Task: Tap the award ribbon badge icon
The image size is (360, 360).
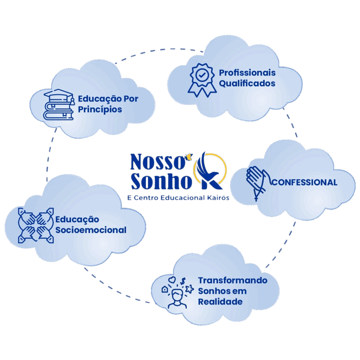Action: click(x=202, y=79)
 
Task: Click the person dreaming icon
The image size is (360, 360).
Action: click(x=178, y=293)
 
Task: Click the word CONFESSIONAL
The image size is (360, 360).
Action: click(x=305, y=182)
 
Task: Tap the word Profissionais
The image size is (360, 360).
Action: click(x=247, y=73)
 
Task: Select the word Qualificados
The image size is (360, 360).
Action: click(x=247, y=84)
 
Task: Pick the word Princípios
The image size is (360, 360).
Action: click(x=100, y=109)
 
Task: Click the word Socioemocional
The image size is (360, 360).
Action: click(x=91, y=230)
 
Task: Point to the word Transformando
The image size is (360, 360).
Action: click(x=233, y=281)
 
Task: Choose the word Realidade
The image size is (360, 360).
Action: click(x=220, y=302)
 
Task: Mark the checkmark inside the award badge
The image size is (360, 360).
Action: click(x=202, y=75)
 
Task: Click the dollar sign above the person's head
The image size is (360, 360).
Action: click(x=183, y=281)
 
